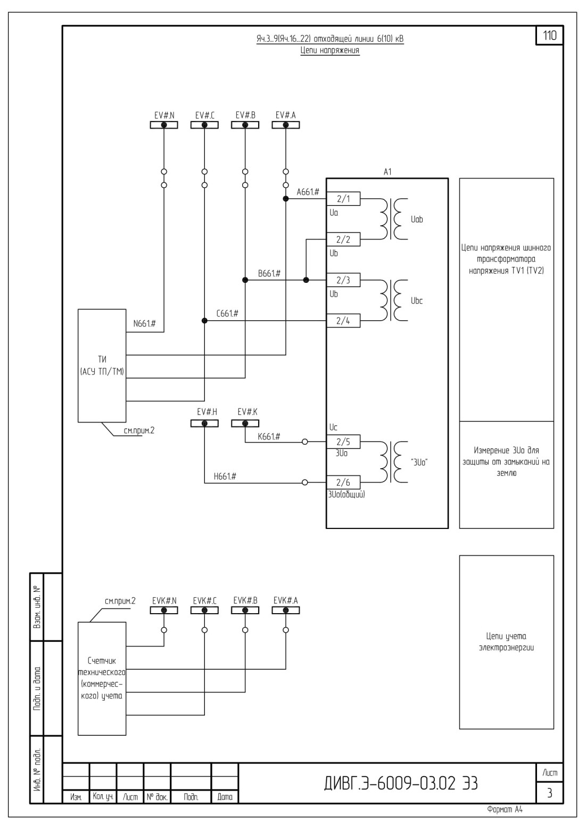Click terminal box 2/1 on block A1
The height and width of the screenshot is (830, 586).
pos(343,199)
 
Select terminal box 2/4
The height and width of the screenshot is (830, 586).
pos(343,321)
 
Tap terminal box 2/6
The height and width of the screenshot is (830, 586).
pos(343,483)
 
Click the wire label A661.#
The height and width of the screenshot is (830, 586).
pos(308,192)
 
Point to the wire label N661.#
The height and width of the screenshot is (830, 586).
pos(145,323)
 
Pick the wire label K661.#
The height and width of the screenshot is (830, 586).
pos(269,436)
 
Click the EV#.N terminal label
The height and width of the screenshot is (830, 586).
pos(164,115)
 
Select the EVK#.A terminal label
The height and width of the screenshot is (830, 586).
pos(285,600)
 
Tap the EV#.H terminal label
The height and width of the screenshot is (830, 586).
pos(207,412)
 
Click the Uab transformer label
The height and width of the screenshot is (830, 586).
pos(417,219)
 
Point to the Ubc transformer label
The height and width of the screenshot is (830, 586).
pos(417,300)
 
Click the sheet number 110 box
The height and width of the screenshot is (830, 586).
pos(550,36)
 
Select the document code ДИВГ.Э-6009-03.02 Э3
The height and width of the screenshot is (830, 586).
pos(401,783)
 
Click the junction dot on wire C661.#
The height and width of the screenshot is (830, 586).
pos(204,321)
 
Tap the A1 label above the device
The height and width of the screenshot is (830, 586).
pos(387,172)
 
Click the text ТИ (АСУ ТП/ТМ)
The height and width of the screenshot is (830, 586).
pos(102,365)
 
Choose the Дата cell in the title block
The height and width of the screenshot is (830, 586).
pos(225,796)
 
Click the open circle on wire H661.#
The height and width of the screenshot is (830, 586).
pos(304,483)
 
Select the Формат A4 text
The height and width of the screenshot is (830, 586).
pos(505,810)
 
